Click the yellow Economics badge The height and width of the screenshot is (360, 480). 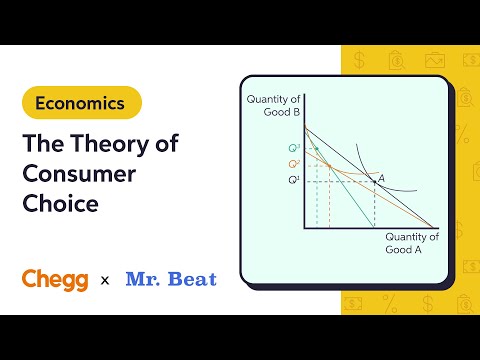(81, 102)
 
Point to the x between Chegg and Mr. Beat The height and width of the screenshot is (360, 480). (105, 280)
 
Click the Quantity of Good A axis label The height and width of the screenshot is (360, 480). (411, 244)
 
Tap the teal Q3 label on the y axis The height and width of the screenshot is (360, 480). (293, 148)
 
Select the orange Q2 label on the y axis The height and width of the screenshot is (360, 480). (293, 163)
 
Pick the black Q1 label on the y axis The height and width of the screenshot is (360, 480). (293, 180)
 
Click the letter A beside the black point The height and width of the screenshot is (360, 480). (380, 177)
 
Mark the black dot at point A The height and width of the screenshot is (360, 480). (374, 182)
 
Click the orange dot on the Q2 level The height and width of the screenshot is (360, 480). (329, 164)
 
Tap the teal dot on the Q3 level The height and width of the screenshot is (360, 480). (318, 148)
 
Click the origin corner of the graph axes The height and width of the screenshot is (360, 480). (304, 227)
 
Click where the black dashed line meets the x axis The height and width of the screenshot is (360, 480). (374, 227)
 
